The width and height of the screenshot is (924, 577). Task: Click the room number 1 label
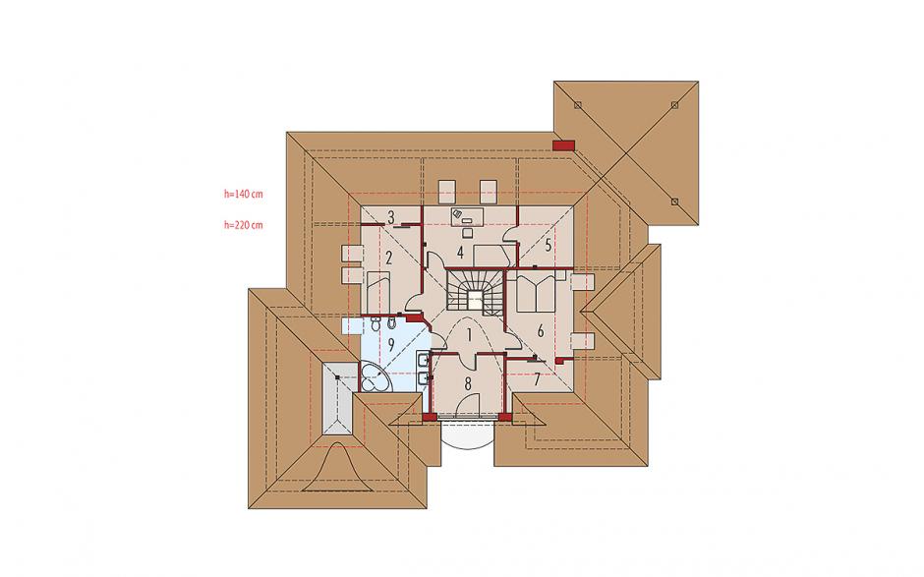[469, 335]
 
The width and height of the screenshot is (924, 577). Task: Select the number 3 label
[390, 217]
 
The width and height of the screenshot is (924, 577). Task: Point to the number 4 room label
[460, 253]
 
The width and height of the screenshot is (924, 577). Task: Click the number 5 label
[549, 245]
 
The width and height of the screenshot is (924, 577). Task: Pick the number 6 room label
[541, 331]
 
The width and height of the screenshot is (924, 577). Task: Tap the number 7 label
[537, 379]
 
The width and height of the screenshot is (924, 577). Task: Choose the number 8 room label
[468, 384]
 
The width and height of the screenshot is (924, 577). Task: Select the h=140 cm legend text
[244, 194]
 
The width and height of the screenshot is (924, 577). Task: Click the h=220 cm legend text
[244, 224]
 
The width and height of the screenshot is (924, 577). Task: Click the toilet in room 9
[391, 323]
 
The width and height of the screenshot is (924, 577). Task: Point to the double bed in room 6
[535, 292]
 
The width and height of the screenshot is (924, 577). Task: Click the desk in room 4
[467, 215]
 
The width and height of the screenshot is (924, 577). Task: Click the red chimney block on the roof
[564, 144]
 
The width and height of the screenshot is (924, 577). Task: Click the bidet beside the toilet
[375, 323]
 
